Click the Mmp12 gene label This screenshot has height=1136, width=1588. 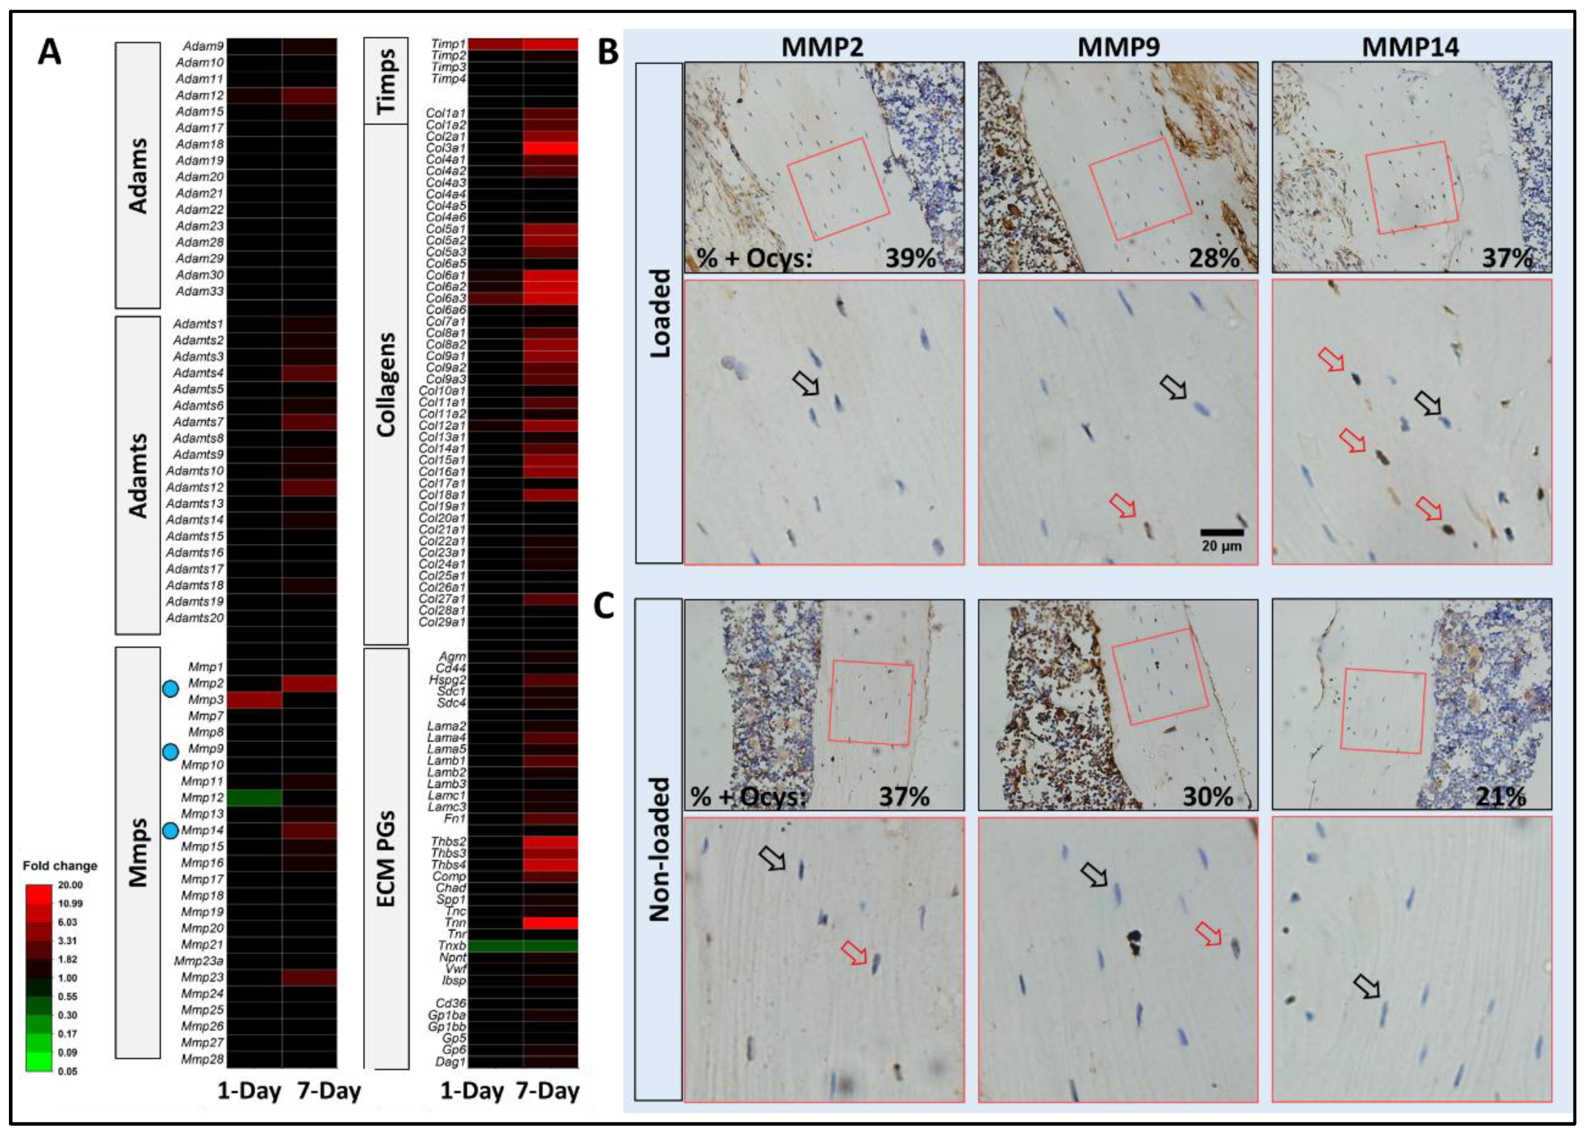click(x=202, y=797)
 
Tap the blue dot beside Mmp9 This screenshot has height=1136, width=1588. click(x=170, y=752)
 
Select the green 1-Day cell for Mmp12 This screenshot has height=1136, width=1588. click(x=254, y=797)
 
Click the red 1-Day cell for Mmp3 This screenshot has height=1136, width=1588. click(x=254, y=700)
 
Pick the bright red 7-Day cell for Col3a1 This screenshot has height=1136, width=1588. click(x=550, y=148)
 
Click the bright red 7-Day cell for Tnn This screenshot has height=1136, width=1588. click(x=550, y=923)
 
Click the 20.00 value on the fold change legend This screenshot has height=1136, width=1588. click(x=70, y=886)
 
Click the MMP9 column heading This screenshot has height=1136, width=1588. click(x=1118, y=47)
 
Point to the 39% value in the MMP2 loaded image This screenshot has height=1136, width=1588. click(x=910, y=258)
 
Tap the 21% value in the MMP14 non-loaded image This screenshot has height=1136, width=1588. click(x=1501, y=796)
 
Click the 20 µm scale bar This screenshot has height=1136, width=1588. click(x=1222, y=533)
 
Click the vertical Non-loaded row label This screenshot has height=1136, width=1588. click(x=659, y=848)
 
